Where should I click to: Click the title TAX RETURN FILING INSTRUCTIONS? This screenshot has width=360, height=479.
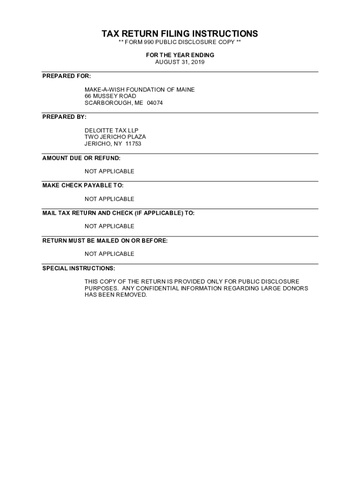[x=180, y=34]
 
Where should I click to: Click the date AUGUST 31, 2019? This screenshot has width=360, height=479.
[x=180, y=62]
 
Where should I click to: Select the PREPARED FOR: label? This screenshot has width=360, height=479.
[x=66, y=76]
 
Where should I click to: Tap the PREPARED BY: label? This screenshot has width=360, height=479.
[x=65, y=116]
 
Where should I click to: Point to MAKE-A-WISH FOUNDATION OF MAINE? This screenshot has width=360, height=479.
[x=139, y=89]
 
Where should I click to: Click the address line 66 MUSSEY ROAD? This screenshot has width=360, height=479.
[x=110, y=96]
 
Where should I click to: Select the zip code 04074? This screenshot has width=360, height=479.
[x=155, y=103]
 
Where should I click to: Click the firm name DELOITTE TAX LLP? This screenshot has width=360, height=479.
[x=111, y=130]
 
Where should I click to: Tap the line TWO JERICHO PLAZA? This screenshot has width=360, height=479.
[x=115, y=137]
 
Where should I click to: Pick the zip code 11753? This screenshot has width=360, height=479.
[x=133, y=144]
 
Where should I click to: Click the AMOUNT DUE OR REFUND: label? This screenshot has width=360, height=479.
[x=81, y=158]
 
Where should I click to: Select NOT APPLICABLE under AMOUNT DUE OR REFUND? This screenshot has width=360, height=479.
[x=109, y=171]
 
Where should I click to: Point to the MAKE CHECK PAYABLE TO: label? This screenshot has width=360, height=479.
[x=83, y=185]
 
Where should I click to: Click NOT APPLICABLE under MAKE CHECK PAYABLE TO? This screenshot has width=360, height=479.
[x=109, y=199]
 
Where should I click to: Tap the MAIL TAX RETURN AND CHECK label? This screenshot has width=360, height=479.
[x=118, y=213]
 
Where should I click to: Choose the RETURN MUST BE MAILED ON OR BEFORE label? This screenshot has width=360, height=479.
[x=105, y=240]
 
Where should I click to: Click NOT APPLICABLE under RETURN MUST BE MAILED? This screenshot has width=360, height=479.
[x=109, y=254]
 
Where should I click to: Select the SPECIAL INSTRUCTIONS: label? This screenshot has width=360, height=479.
[x=79, y=268]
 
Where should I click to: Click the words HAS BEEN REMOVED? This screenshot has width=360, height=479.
[x=115, y=295]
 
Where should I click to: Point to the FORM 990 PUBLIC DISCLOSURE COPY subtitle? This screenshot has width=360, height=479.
[x=180, y=43]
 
